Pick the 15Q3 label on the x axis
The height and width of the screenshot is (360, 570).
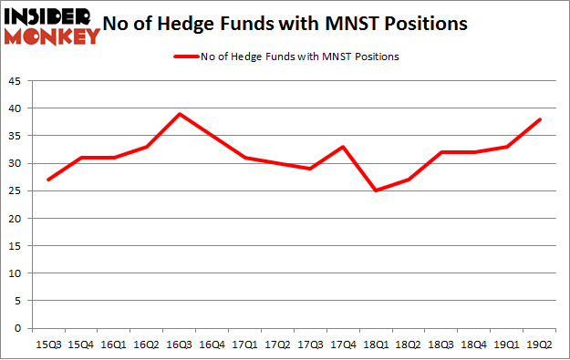pos(48,344)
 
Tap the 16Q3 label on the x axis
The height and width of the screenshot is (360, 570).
pos(180,344)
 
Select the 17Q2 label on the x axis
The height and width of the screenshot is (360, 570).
pos(278,344)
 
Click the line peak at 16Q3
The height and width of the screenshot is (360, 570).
pos(180,114)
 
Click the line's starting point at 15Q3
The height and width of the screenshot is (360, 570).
pos(48,180)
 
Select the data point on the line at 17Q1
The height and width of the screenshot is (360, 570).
pos(245,158)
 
